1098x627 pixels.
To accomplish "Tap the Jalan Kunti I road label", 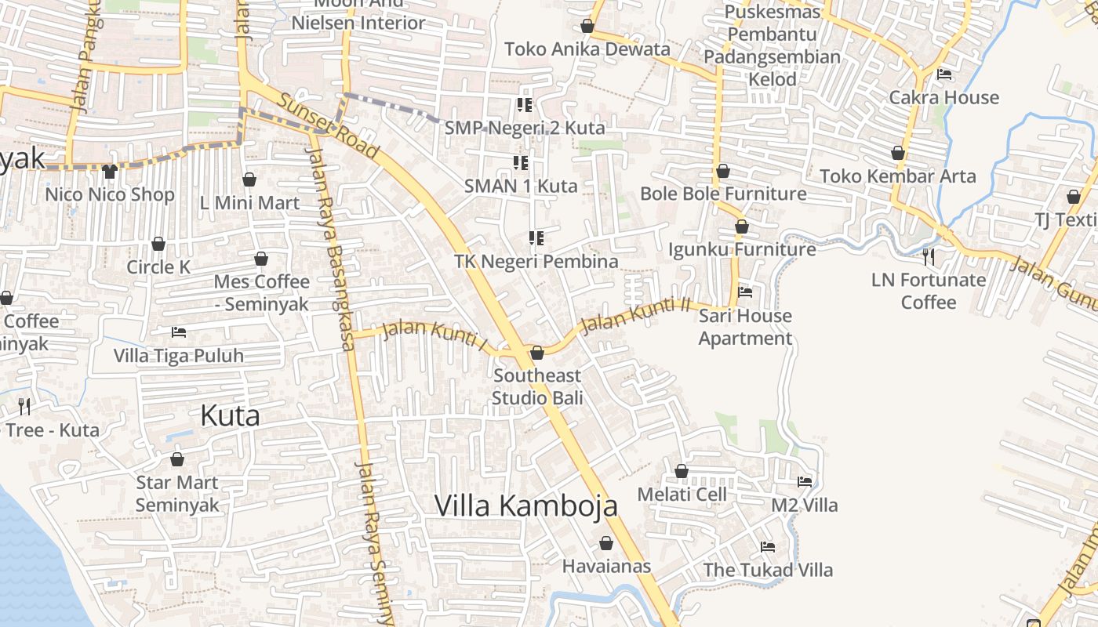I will pos(434,335).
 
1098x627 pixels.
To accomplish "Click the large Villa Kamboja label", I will pos(526,506).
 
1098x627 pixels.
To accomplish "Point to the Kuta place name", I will pos(230,415).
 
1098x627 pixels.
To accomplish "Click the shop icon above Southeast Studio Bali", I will pos(537,353).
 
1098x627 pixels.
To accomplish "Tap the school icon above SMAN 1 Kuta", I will pos(521,163).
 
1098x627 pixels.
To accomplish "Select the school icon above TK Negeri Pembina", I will pos(536,237).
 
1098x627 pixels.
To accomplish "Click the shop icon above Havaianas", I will pos(606,543).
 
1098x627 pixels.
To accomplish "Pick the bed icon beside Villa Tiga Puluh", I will pos(179,332).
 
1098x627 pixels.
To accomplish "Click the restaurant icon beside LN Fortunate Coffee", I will pos(929,256).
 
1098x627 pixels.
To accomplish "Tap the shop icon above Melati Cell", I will pos(682,471).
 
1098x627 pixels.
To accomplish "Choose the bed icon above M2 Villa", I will pos(805,481).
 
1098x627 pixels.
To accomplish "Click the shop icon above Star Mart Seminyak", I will pos(177,459).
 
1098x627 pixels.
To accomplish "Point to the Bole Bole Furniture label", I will pos(723,194).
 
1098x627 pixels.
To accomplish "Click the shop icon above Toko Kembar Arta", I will pos(898,153).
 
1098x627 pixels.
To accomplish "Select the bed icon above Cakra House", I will pos(944,74).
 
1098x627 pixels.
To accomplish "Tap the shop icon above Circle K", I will pos(158,244).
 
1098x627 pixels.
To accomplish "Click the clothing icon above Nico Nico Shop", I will pos(109,171).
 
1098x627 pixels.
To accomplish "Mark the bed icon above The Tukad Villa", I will pos(768,546).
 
